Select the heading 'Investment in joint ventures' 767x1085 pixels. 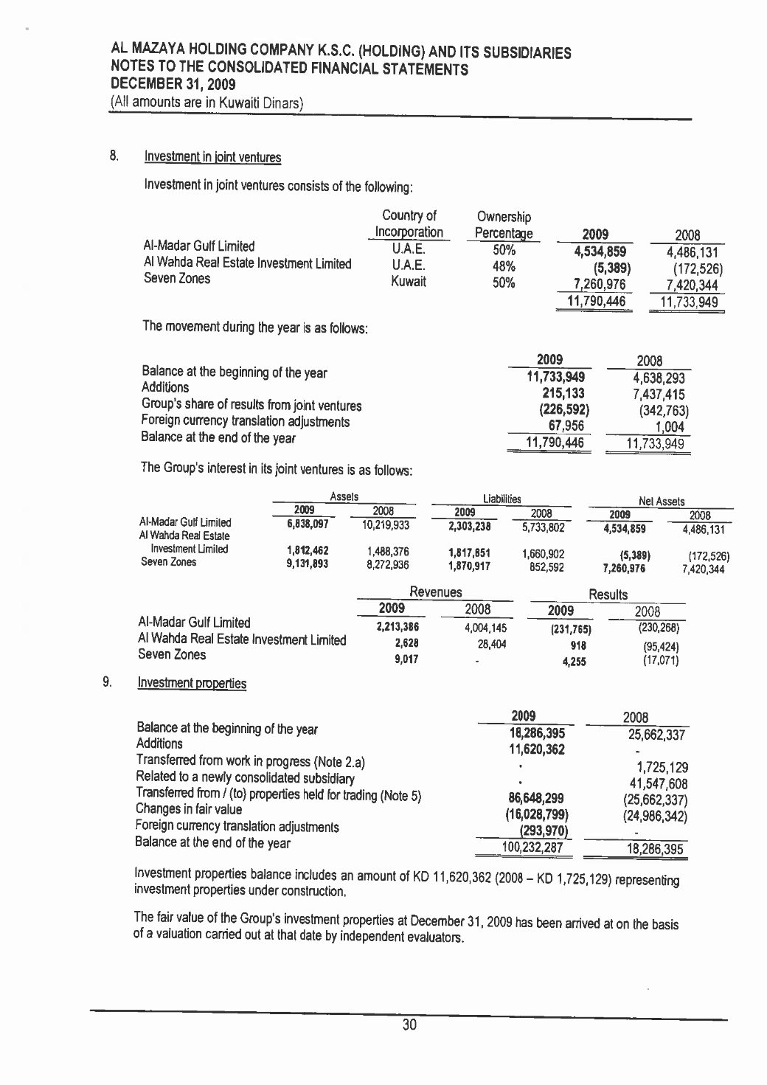212,157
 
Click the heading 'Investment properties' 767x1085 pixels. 192,683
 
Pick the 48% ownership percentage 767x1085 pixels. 504,266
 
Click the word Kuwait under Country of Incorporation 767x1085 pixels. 409,282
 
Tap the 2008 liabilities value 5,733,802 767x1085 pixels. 541,527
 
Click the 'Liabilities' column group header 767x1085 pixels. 502,499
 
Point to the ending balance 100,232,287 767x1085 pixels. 532,847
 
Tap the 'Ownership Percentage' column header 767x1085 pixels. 504,225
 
